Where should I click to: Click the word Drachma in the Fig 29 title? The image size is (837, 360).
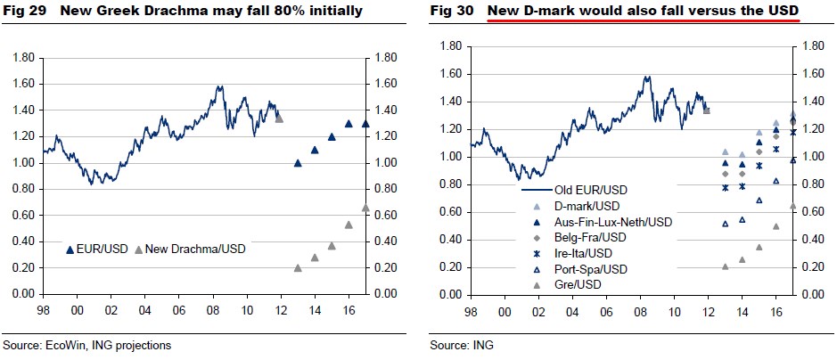173,12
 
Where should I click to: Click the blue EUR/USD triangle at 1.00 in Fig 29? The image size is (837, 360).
298,163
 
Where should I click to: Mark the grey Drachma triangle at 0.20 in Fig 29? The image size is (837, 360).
298,267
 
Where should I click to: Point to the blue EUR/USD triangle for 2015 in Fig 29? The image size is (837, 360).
332,137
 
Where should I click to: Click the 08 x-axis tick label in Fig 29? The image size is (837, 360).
213,310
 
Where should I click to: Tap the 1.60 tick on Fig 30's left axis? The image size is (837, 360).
449,74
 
